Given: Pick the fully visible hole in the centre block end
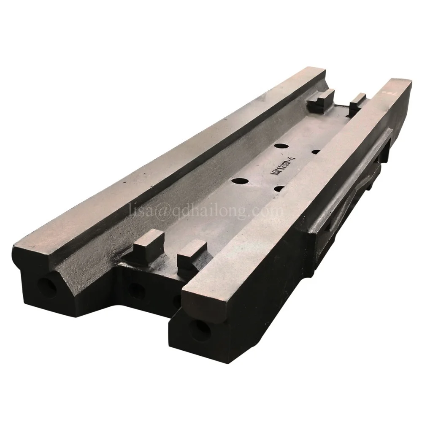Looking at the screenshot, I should click(136, 290).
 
